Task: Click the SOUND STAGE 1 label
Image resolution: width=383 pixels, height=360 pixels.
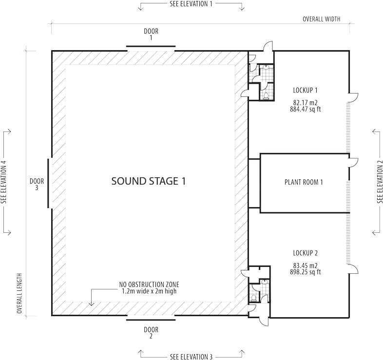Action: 149,181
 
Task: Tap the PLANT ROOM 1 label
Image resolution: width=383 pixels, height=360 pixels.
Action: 304,182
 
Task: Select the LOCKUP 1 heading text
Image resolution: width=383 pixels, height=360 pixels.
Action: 306,91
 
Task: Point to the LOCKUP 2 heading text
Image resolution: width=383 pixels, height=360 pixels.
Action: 306,253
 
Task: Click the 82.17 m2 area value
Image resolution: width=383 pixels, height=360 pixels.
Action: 306,103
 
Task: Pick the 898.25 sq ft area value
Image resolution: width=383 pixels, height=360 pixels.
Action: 306,272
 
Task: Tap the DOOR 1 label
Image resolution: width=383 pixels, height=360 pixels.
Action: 151,35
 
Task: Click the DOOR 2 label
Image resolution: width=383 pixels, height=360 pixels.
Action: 151,333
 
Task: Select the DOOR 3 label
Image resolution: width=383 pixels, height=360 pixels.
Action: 37,185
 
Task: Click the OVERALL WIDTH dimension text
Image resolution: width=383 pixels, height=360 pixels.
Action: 322,19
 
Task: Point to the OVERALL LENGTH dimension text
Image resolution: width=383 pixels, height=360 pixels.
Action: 19,293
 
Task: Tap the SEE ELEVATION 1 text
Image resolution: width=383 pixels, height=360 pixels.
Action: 191,4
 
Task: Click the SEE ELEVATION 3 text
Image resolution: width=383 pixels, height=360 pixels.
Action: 191,357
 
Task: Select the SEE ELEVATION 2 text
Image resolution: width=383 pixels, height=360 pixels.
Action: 380,182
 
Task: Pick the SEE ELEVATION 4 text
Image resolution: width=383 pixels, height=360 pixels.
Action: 4,182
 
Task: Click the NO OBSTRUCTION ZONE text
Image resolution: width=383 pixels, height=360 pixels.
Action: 149,284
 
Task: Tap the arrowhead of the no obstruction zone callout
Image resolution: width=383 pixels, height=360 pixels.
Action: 91,304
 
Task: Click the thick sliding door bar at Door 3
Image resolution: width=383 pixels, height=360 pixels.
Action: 48,184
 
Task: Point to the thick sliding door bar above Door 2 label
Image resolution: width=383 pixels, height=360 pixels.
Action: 151,320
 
